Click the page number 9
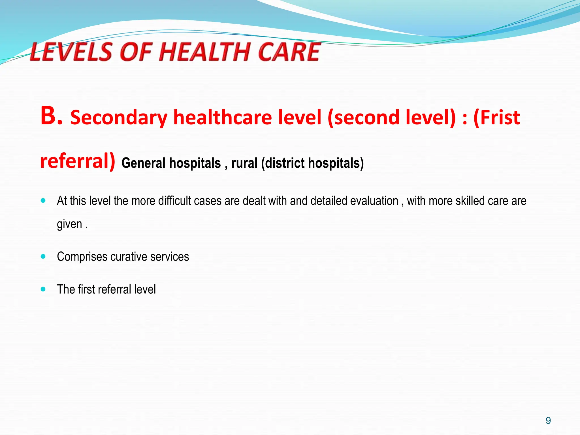point(548,421)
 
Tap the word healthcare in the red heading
point(222,117)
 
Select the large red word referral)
point(78,161)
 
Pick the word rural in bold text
point(244,163)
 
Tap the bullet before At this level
point(43,201)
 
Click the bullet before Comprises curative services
point(43,257)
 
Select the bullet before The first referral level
point(43,289)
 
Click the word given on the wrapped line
point(69,224)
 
